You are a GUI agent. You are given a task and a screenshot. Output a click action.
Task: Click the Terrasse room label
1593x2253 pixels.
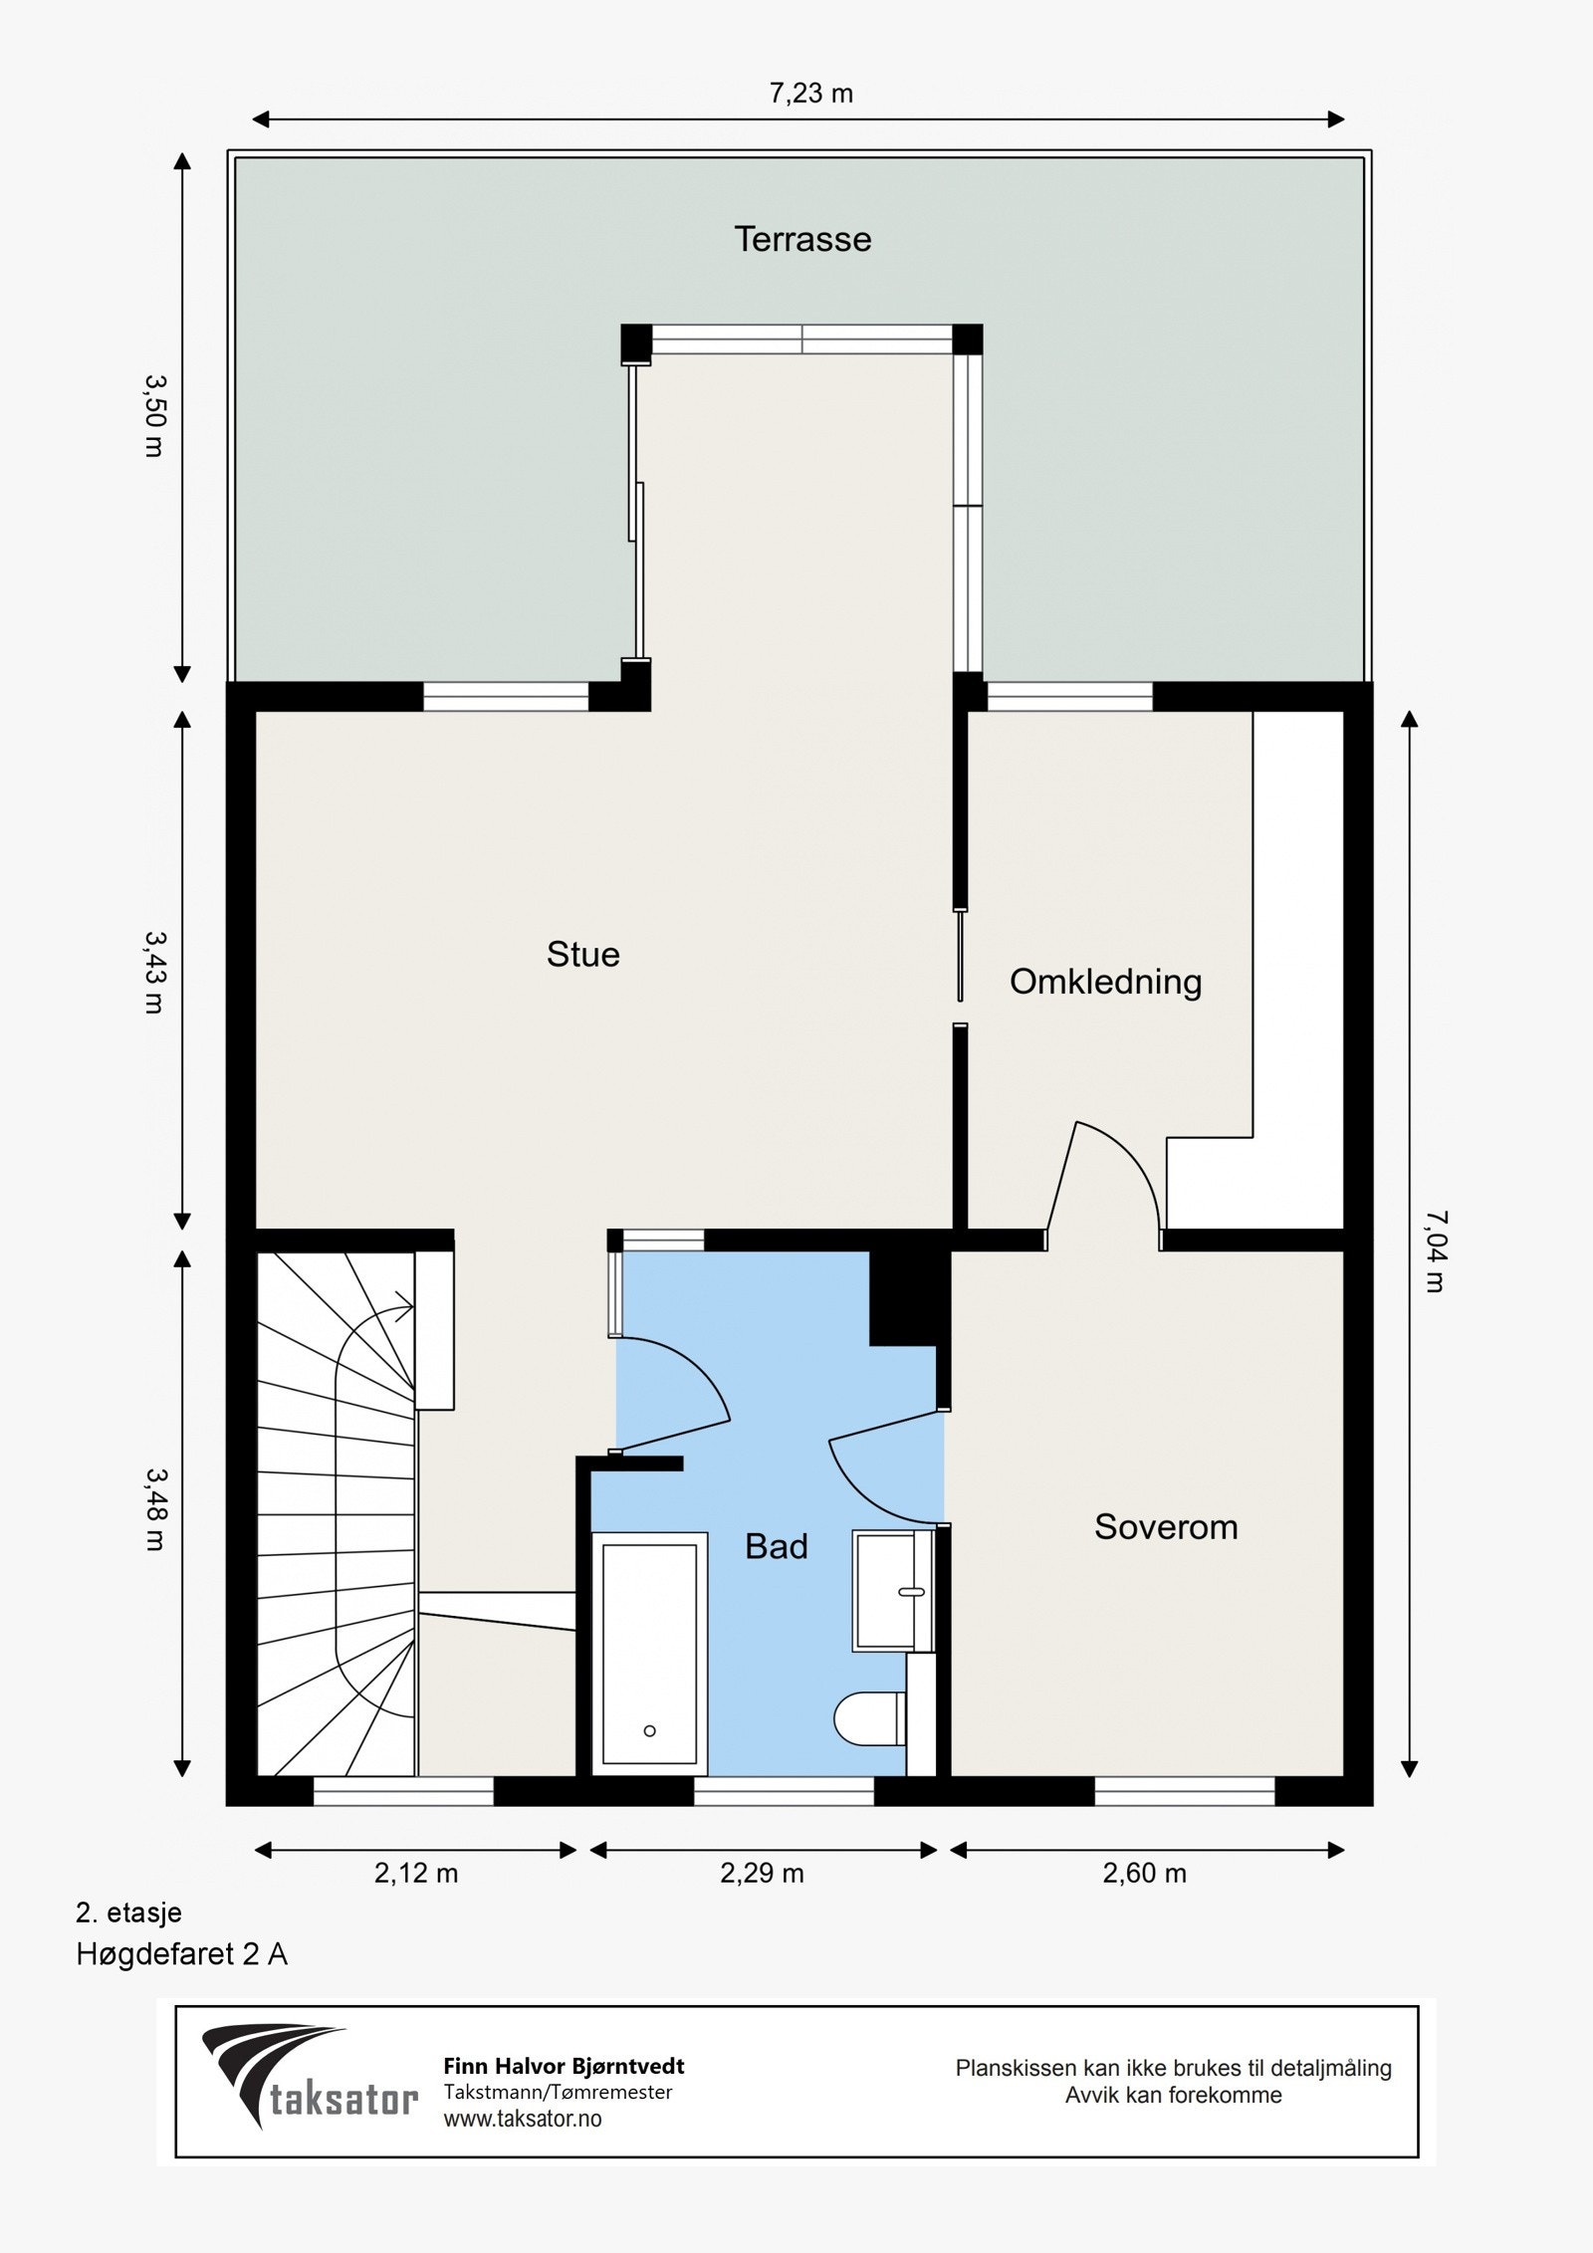802,239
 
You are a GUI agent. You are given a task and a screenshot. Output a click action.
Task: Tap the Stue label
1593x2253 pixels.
583,954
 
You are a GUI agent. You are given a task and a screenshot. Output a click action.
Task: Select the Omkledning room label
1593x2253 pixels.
1106,982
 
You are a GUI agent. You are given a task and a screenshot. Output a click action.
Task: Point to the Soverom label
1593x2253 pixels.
1166,1526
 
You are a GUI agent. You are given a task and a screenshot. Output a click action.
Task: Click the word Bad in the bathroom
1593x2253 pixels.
777,1546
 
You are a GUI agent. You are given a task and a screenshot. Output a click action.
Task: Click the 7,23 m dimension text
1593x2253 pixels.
811,94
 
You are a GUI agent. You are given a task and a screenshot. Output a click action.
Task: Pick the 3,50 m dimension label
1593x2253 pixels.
154,415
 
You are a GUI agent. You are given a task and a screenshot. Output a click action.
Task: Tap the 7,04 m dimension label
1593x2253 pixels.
1436,1250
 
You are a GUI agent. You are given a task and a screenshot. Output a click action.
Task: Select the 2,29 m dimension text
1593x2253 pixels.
762,1874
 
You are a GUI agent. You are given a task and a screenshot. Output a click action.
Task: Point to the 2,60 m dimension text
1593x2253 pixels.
1145,1874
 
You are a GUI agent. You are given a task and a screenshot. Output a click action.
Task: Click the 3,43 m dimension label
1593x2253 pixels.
154,971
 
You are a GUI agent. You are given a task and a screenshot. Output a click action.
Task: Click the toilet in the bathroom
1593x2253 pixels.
870,1718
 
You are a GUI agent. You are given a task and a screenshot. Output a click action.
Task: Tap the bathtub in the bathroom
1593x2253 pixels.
649,1654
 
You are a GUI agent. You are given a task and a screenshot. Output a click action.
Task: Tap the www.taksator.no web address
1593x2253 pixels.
523,2119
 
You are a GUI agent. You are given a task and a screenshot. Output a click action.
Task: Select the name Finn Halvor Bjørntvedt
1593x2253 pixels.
564,2066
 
